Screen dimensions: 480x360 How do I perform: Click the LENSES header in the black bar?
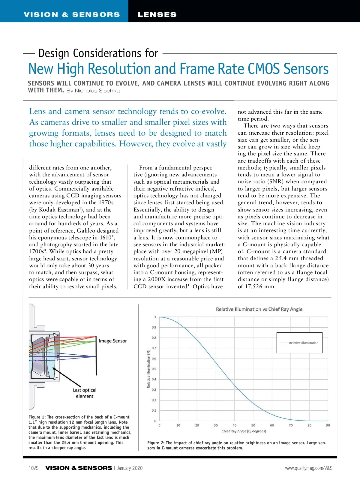(x=157, y=14)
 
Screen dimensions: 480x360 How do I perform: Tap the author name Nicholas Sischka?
(x=97, y=91)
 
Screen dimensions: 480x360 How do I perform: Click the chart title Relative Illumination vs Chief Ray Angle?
(x=259, y=309)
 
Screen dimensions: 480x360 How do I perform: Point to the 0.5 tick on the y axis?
(x=154, y=369)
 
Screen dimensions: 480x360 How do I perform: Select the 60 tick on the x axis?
(x=272, y=425)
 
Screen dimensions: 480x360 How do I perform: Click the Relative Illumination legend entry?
(x=303, y=343)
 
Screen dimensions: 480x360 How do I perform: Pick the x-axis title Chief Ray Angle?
(x=244, y=431)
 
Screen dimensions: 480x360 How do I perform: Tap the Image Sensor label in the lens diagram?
(x=113, y=341)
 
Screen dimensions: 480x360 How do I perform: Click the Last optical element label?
(x=85, y=393)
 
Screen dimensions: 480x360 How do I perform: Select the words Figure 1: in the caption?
(x=37, y=417)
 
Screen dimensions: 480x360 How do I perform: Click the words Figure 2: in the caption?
(x=156, y=443)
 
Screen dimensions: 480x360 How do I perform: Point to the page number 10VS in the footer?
(x=34, y=468)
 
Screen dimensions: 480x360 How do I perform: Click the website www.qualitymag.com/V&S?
(x=309, y=468)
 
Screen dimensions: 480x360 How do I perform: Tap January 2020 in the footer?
(x=130, y=468)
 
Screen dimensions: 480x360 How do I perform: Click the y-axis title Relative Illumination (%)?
(x=148, y=369)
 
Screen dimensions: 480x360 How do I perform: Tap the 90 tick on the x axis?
(x=328, y=425)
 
